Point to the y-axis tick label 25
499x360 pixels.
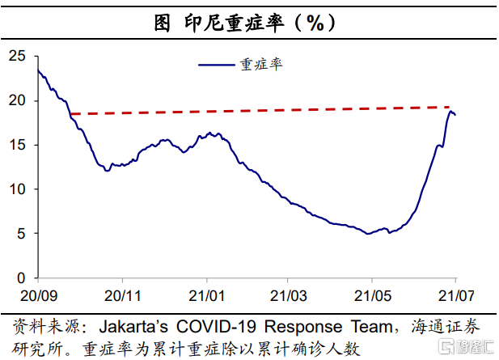(x=18, y=57)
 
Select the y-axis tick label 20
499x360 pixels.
(x=18, y=101)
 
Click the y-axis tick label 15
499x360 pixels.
(x=18, y=145)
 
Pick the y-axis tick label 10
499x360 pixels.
(x=18, y=189)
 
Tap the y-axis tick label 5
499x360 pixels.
(x=22, y=234)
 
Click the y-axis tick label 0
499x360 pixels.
(x=22, y=277)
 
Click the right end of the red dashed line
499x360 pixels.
(x=450, y=107)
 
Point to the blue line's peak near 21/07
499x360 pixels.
(x=450, y=112)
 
